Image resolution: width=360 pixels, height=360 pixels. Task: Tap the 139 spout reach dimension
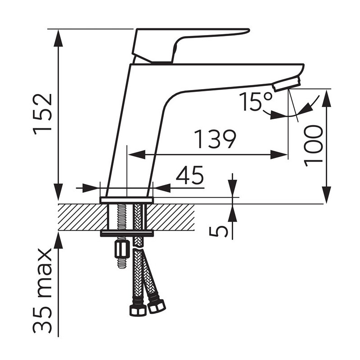click(x=215, y=139)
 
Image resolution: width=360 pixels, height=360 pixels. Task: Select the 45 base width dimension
click(x=189, y=175)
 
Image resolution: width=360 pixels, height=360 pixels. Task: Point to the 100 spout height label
click(x=313, y=145)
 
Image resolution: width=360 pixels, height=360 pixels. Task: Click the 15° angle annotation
click(x=256, y=101)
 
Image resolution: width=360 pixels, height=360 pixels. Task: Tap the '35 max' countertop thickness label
click(x=43, y=291)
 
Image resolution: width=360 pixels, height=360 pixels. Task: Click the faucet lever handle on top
click(x=190, y=45)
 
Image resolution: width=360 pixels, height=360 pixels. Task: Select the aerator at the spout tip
click(x=286, y=84)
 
